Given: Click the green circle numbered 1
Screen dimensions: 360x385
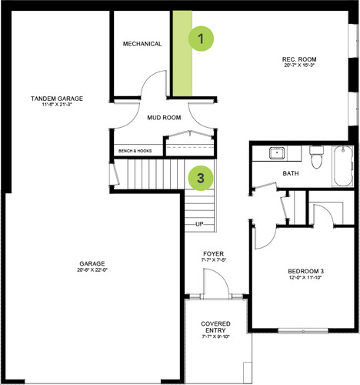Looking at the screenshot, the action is coord(201,38).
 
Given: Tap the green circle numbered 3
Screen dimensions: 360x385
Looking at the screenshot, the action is coord(201,178).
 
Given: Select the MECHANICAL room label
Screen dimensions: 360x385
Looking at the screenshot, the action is coord(142,44).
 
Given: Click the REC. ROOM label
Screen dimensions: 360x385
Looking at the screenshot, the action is coord(299,59).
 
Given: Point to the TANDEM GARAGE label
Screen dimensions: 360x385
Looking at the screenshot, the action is coord(57,99).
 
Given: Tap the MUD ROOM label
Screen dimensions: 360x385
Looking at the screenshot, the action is coord(164,118).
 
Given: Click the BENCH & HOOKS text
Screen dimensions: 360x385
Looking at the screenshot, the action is coord(135,151).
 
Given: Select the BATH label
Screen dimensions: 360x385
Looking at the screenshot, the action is coord(291,173).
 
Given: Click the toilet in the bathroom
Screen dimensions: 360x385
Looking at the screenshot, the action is coord(316,157).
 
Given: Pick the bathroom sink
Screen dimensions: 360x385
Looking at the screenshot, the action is coord(277,153).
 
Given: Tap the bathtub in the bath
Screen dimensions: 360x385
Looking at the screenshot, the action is coord(343,166).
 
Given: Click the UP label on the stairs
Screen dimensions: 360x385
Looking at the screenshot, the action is coord(199,224).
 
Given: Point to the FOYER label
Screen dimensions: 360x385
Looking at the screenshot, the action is coord(213,254).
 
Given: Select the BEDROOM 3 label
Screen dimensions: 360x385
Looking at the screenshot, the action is coord(305,271).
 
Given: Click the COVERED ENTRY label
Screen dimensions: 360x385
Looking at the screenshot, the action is coord(215,327).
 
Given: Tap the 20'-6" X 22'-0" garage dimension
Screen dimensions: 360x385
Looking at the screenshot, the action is coord(92,269).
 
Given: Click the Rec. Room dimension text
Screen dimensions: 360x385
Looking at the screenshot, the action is coord(299,65).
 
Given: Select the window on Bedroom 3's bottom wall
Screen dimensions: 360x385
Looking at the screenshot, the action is coord(303,331).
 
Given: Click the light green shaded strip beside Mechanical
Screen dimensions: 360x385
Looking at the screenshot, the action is coord(182,53).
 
